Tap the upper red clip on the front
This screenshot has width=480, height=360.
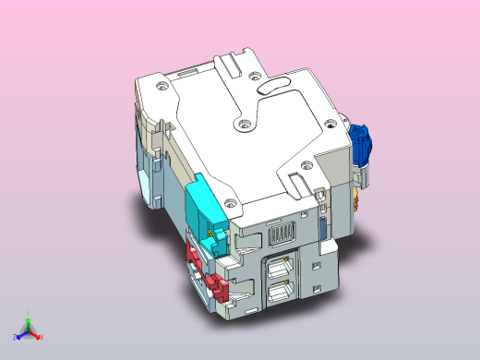pyautogui.click(x=197, y=250)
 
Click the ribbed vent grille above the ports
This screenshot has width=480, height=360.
pyautogui.click(x=280, y=235)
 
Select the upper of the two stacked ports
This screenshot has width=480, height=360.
pyautogui.click(x=282, y=267)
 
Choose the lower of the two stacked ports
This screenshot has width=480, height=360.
pyautogui.click(x=281, y=294)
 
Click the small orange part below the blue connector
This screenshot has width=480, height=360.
pyautogui.click(x=357, y=197)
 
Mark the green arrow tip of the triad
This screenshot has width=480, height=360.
pyautogui.click(x=29, y=320)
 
